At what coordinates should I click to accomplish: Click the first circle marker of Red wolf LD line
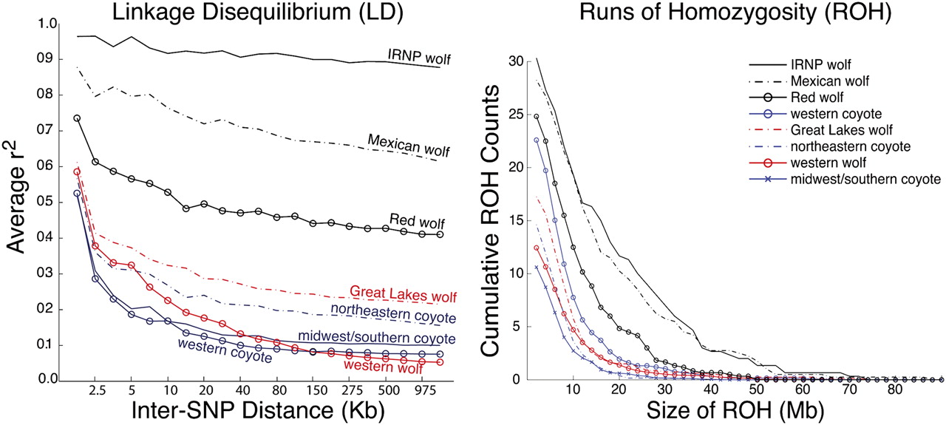click(77, 118)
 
